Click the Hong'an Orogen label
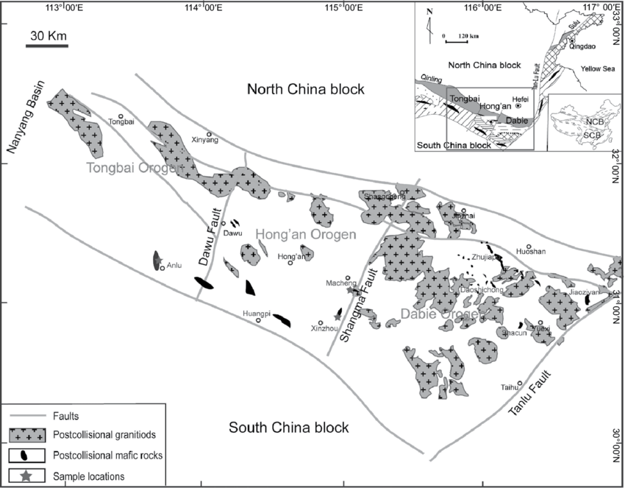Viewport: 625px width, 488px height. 305,234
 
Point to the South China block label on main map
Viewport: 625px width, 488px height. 288,428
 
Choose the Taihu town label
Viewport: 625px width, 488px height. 510,387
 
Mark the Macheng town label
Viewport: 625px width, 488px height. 339,283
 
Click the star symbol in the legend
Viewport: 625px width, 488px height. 26,475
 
